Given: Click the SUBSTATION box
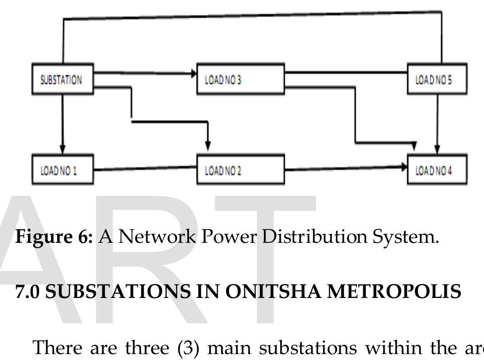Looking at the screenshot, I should (63, 78).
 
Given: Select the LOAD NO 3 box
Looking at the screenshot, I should (241, 79).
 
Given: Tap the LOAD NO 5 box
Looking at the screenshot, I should (437, 78).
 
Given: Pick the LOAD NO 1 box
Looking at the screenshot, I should (63, 170).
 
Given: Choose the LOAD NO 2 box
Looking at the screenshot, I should (241, 170).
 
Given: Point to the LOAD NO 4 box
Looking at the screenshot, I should (437, 170).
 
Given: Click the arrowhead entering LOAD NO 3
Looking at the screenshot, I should (193, 73).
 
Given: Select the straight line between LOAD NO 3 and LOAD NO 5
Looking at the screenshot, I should (345, 72).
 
